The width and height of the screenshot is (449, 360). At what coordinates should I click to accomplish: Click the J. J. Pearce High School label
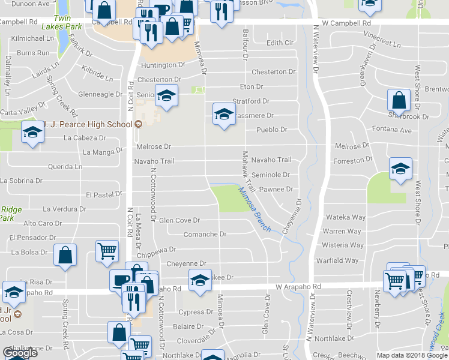pos(88,124)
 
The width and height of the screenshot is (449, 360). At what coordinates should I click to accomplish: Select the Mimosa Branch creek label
pos(255,210)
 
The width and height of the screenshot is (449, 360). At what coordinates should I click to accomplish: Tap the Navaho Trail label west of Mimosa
pos(154,161)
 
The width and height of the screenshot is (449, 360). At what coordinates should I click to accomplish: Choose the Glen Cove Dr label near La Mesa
pos(179,221)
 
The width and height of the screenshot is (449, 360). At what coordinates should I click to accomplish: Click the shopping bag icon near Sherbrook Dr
pos(399,100)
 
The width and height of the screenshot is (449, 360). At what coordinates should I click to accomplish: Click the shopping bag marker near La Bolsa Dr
pos(65,254)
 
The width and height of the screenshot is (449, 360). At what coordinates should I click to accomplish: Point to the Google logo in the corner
pos(20,353)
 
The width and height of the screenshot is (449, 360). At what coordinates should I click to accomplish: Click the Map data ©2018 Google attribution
pos(412,355)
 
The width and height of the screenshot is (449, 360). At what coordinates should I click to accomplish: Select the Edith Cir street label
pos(280,43)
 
